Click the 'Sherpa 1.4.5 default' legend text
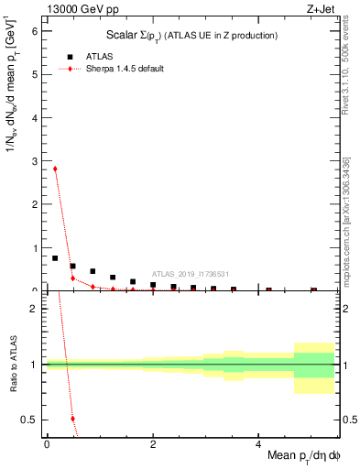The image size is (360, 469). click(125, 70)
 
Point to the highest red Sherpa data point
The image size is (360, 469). click(55, 169)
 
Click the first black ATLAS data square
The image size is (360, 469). click(55, 258)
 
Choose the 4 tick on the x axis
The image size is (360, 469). click(258, 444)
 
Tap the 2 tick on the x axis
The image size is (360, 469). click(152, 444)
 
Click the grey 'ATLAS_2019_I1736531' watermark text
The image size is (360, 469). click(191, 274)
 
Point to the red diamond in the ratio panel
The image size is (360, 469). click(72, 419)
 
